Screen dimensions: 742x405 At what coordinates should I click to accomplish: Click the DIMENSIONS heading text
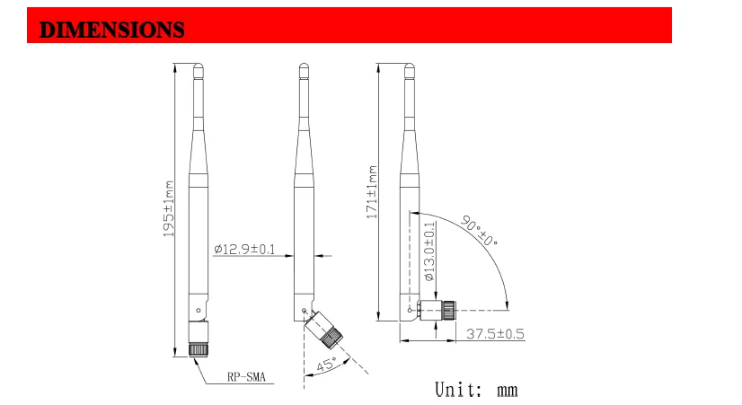click(x=111, y=30)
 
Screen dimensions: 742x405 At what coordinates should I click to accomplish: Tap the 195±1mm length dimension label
click(x=169, y=208)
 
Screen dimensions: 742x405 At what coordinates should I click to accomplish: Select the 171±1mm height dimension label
click(x=373, y=192)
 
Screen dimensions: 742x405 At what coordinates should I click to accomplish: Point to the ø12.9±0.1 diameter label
click(x=244, y=249)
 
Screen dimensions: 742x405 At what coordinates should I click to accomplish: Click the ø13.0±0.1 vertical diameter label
click(x=429, y=251)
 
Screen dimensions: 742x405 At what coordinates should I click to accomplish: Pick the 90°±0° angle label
click(x=479, y=231)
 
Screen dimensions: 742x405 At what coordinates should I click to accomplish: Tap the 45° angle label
click(x=326, y=365)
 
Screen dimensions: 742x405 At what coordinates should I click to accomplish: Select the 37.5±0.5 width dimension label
click(x=495, y=334)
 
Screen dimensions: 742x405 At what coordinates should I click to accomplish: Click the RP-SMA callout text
click(x=246, y=377)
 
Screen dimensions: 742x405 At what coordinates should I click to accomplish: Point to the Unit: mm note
click(x=476, y=390)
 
